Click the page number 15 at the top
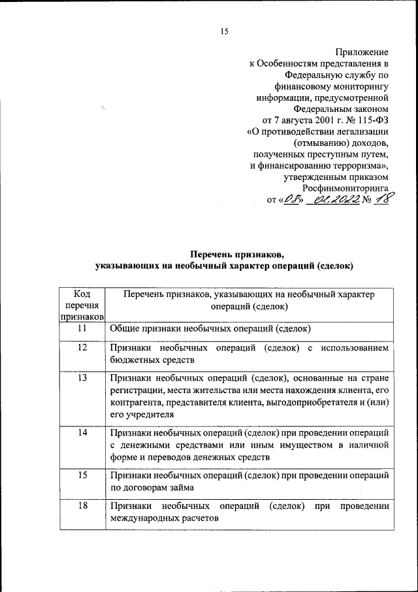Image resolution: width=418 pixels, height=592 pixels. (225, 31)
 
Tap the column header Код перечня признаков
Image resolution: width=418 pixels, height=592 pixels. (82, 305)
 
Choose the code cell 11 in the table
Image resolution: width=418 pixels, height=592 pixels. (82, 329)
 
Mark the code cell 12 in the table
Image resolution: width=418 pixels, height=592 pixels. (82, 348)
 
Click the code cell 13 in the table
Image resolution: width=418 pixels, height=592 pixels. (82, 378)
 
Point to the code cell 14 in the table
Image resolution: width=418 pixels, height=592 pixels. (82, 433)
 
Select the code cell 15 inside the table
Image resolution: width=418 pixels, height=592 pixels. (82, 476)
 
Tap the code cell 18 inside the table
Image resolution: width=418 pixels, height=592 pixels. (82, 506)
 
